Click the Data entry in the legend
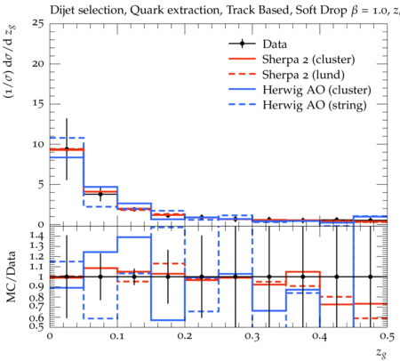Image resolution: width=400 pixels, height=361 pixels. point(275,44)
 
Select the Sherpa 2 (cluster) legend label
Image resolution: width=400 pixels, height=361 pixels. point(308,60)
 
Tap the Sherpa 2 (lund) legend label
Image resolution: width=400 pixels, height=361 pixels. point(303,75)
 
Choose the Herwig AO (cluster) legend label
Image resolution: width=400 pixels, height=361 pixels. point(316,90)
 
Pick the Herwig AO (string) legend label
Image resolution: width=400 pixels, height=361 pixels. point(315,105)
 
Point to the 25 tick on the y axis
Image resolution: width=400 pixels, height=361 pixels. point(37,23)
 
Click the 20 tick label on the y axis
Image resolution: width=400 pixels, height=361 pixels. point(37,64)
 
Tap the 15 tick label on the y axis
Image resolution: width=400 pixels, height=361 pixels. point(37,104)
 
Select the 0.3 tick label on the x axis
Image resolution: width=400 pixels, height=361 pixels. point(252,336)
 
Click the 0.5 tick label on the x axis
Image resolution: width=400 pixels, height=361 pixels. point(387,336)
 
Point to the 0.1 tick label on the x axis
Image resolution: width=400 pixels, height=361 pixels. point(117,336)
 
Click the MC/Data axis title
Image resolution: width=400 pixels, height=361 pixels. point(11,277)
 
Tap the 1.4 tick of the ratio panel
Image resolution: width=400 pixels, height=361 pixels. point(36,237)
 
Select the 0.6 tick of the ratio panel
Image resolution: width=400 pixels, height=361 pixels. point(36,317)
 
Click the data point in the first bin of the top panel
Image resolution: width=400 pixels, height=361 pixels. point(67,148)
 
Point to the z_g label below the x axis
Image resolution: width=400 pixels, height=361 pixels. point(381,353)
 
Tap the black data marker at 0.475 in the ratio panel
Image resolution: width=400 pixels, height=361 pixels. point(370,277)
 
